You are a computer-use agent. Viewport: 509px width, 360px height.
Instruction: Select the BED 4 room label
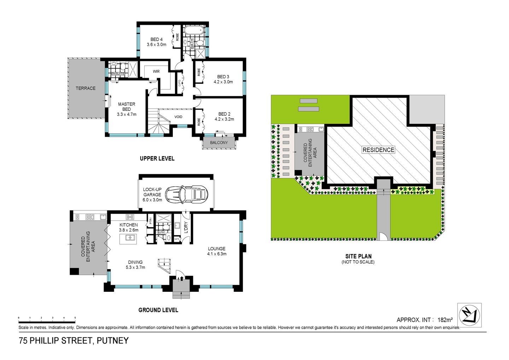(156, 39)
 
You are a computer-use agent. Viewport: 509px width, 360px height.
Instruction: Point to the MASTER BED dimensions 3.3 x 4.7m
(127, 114)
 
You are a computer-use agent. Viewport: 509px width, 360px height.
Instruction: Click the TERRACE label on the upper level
(86, 88)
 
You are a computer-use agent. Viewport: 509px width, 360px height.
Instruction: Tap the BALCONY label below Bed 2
(219, 143)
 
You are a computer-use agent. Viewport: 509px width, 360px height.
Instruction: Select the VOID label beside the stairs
(179, 117)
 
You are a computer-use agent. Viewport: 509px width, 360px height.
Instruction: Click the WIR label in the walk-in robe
(156, 71)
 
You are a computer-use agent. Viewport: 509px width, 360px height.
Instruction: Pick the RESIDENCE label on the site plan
(378, 150)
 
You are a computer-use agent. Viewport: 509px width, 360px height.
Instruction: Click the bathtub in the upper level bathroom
(194, 30)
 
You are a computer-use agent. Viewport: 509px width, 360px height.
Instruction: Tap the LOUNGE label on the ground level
(216, 249)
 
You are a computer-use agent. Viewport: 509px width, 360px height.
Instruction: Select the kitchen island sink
(130, 238)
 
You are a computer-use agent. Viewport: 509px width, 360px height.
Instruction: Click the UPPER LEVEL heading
(157, 158)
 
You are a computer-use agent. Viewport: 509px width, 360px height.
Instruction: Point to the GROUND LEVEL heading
(158, 310)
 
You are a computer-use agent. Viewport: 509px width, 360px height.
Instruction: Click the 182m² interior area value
(445, 320)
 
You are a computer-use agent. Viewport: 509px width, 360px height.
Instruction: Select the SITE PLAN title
(358, 256)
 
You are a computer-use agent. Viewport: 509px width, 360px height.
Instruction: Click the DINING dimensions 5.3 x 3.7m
(135, 267)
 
